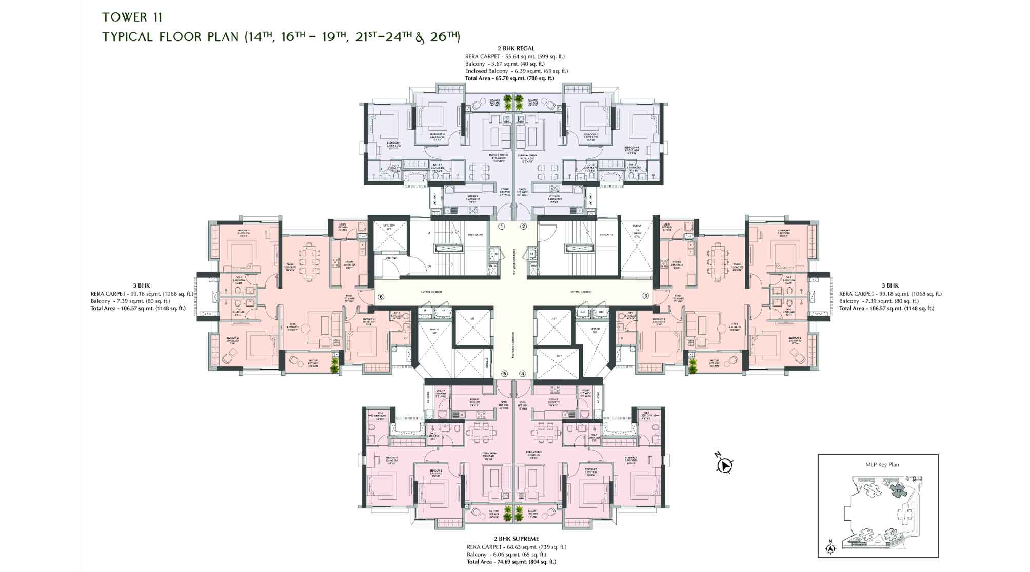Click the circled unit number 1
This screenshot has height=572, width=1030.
pos(502,226)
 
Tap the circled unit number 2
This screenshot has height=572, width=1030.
pos(524,226)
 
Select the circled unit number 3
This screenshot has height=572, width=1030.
pos(646,295)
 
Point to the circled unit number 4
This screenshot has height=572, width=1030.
pos(523,374)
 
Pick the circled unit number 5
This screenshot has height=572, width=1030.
pos(505,374)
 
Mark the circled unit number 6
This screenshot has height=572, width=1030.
pos(381,297)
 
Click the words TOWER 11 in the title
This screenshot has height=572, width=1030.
pos(132,17)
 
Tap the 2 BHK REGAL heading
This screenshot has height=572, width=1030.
pos(516,49)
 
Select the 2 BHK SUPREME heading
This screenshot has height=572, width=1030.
pos(516,539)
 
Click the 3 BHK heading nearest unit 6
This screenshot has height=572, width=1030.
pos(142,285)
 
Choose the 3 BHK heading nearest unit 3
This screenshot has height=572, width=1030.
pos(890,285)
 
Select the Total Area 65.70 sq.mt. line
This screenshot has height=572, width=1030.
pos(509,78)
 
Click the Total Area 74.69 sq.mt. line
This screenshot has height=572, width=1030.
pos(511,562)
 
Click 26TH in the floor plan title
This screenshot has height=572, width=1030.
pos(444,36)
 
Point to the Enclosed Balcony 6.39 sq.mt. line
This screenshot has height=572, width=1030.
pos(516,71)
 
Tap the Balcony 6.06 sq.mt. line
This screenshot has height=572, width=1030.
pos(506,554)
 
